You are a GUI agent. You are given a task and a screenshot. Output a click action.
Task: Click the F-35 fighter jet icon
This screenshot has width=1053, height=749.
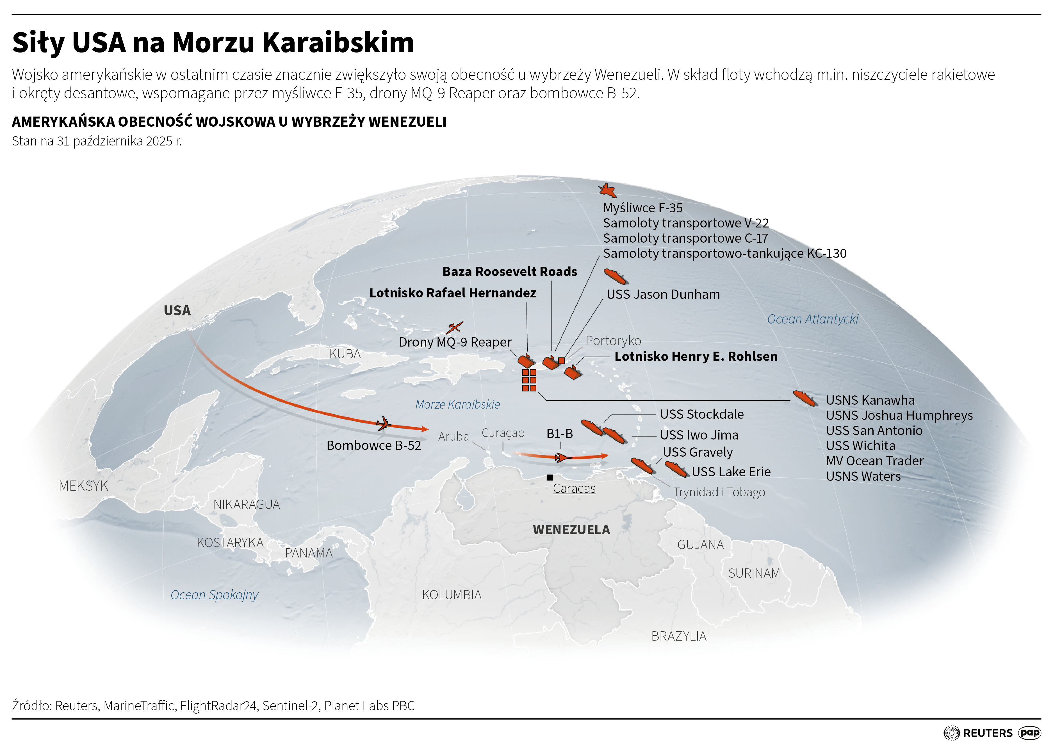point(607,190)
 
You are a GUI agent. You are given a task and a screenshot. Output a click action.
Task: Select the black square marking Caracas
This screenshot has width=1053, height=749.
point(550,477)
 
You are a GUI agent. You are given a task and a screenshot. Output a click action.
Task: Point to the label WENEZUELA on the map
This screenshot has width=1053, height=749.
point(571,529)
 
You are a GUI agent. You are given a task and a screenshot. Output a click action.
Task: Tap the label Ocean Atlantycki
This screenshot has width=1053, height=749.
point(812,319)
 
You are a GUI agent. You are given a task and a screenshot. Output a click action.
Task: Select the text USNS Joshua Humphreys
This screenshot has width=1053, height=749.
point(899,416)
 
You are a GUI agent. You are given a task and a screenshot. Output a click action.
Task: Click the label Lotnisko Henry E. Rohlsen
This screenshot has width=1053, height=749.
point(696,356)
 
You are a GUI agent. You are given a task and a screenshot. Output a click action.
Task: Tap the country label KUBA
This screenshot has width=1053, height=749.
point(345,354)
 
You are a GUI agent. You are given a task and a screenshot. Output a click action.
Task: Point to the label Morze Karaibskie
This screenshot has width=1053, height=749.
point(457,404)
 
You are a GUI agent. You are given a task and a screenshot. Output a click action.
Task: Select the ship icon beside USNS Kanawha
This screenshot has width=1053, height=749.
point(805,398)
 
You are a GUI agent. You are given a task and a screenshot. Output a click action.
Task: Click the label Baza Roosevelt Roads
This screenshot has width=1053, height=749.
point(509,272)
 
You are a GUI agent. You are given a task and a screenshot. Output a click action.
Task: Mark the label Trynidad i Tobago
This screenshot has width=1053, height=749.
point(719,492)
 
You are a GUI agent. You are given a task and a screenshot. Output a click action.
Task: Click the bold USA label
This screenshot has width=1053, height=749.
point(177,310)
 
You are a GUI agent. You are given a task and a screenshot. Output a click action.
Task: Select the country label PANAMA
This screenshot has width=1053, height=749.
point(308,553)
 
